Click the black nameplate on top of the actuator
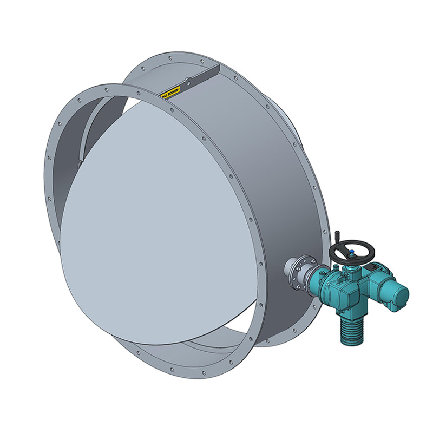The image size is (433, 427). tap(373, 268)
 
